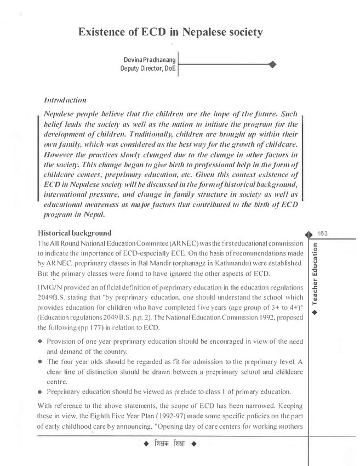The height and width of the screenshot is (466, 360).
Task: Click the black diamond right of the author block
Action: tap(272, 65)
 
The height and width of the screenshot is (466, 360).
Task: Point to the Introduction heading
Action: tap(64, 101)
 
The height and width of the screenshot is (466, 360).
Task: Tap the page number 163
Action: tap(322, 234)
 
